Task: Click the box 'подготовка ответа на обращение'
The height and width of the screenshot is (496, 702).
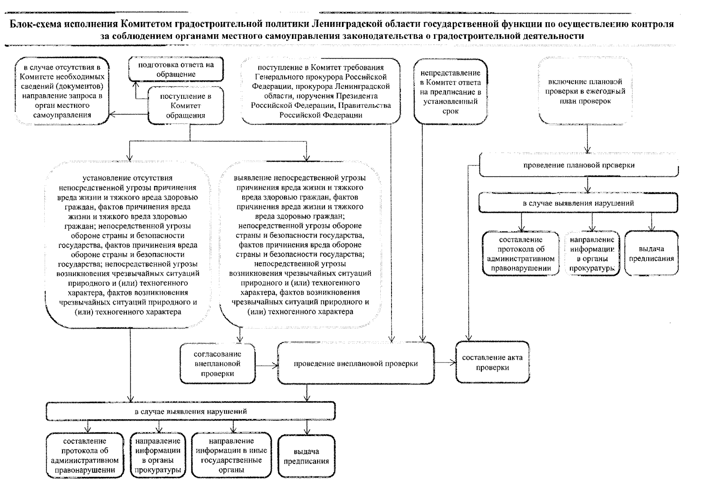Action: point(176,70)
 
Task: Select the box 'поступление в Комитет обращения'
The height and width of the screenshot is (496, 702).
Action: point(186,106)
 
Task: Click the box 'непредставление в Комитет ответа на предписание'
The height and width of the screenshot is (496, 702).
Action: point(450,92)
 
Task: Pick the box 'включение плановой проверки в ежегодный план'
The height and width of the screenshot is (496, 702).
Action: point(585,91)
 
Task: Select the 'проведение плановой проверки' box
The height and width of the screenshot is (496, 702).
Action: point(579,165)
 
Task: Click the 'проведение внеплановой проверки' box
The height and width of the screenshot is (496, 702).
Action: point(356,364)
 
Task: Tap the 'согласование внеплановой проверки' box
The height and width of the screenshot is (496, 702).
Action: point(217,364)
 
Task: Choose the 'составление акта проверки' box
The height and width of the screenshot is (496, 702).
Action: point(492,362)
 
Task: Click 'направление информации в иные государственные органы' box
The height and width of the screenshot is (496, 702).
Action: point(232,455)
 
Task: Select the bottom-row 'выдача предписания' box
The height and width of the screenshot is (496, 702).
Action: point(306,456)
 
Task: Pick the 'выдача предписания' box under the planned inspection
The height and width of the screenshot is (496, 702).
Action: point(651,254)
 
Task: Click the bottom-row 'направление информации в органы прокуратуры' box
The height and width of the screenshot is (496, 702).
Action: point(157,455)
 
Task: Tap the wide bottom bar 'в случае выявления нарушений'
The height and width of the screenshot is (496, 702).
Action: point(191,412)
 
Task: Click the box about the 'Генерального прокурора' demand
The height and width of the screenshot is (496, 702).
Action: point(321,91)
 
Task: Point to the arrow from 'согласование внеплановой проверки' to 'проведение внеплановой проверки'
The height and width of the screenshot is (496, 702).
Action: point(266,365)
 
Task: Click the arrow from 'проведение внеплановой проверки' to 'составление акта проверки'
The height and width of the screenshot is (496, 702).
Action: point(445,362)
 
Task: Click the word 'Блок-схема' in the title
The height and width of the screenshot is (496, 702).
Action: point(35,24)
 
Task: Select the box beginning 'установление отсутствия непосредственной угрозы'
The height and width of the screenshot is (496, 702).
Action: point(128,245)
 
